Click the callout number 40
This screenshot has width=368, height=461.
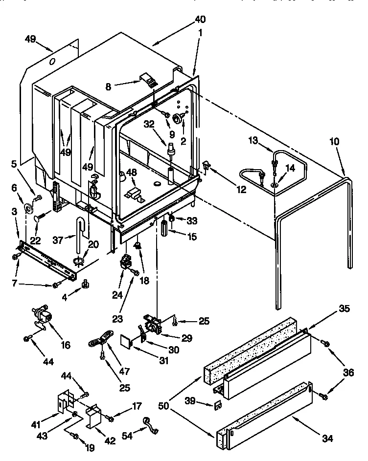coord(200,20)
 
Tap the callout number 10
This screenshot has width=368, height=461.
coord(334,142)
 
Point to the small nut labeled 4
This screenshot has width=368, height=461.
coord(85,282)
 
